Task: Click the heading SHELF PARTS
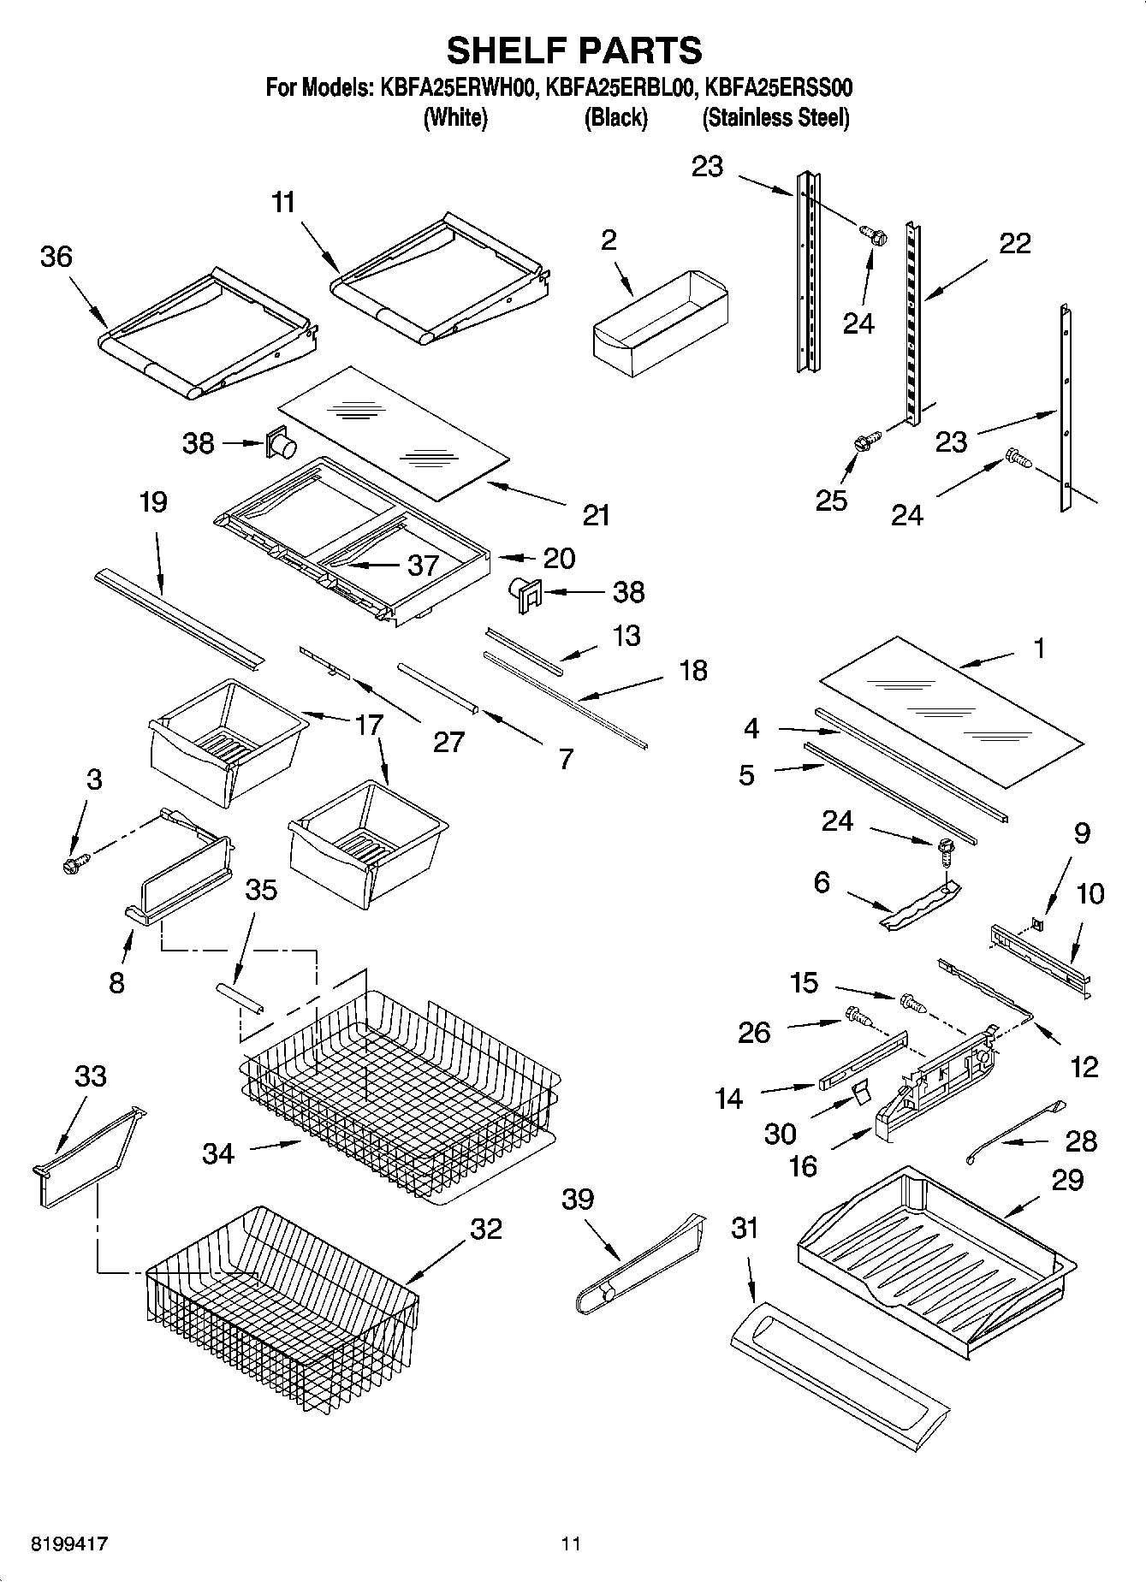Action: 573,50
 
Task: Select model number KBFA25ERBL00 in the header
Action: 617,88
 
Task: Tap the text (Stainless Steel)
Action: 775,118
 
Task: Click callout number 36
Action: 56,257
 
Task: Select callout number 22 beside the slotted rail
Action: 1015,244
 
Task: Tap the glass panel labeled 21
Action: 394,432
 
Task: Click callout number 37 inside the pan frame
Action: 423,565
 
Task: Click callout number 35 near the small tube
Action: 261,890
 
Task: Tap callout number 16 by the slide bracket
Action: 803,1166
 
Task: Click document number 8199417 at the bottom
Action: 69,1544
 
